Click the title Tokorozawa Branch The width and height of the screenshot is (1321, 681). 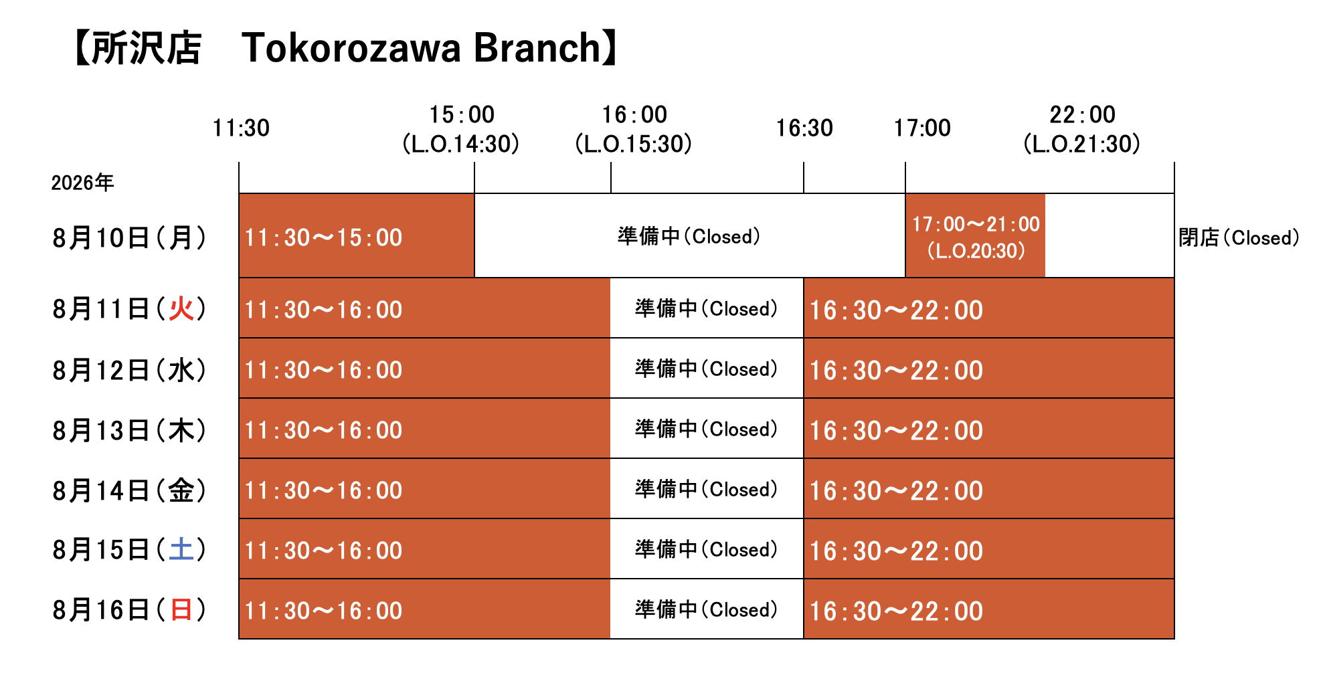[x=422, y=48]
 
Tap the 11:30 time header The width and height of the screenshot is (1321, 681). [x=241, y=128]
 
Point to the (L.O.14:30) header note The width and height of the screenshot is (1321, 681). [x=461, y=144]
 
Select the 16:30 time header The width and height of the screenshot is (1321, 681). [x=804, y=128]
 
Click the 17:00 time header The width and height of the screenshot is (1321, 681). [x=922, y=128]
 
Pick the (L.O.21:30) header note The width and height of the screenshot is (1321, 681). [x=1082, y=144]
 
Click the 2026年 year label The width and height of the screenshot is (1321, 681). [x=82, y=183]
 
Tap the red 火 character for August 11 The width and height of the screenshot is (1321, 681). [x=181, y=309]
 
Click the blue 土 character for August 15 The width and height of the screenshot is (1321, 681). [x=181, y=550]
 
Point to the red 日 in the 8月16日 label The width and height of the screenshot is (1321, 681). [x=181, y=610]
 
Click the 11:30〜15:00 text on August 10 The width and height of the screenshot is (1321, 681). [x=323, y=237]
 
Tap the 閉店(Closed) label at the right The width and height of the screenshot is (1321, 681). [x=1239, y=237]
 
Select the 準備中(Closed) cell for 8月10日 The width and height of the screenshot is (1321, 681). [x=689, y=236]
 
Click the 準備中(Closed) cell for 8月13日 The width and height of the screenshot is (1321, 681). [x=706, y=429]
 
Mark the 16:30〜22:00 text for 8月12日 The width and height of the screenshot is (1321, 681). [x=896, y=370]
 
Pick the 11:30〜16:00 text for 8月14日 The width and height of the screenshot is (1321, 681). [x=323, y=490]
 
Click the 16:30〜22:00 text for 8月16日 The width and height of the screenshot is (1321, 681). [x=896, y=611]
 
